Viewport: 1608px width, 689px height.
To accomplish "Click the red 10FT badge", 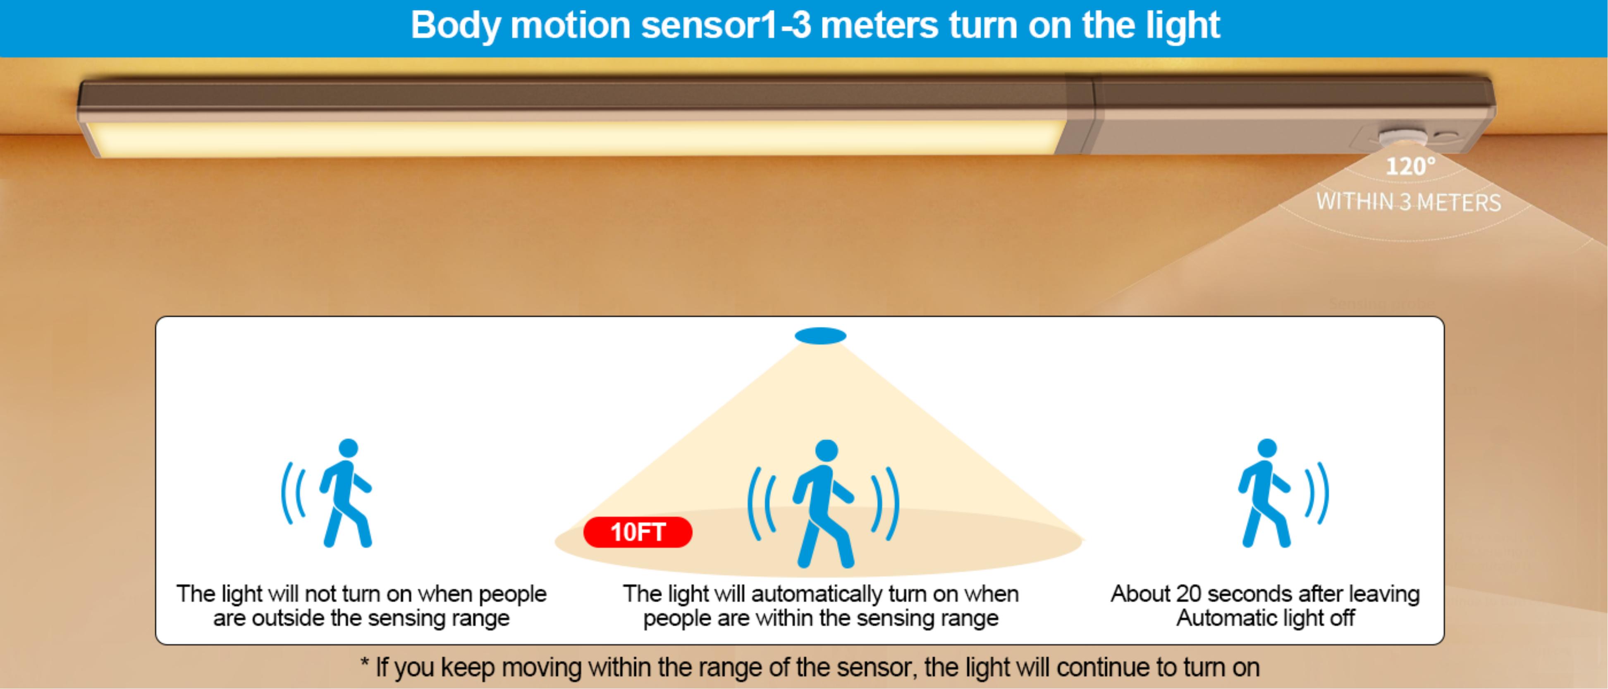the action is point(637,532).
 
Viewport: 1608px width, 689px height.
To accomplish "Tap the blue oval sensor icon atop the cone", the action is point(820,336).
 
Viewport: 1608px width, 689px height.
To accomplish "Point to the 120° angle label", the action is point(1410,166).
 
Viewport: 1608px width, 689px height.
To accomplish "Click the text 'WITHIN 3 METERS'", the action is point(1408,202).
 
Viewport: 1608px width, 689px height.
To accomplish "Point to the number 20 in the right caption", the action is point(1189,594).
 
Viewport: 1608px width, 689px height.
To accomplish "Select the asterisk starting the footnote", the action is point(365,663).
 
